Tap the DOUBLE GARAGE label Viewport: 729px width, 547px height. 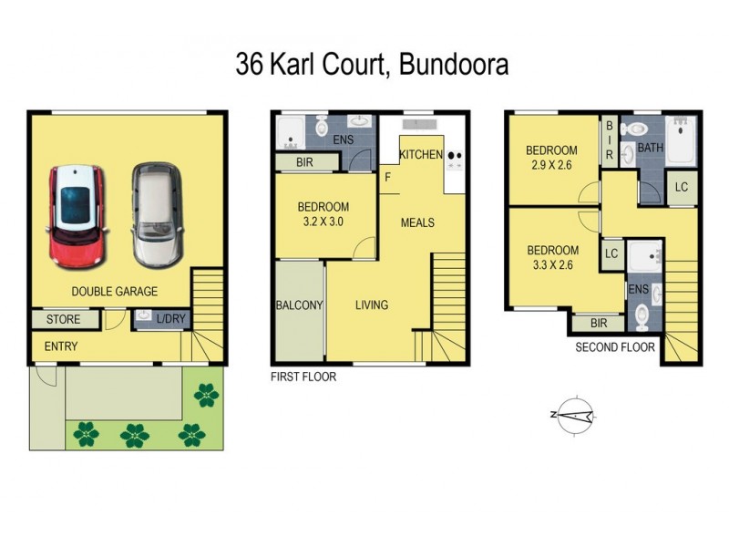[x=116, y=292]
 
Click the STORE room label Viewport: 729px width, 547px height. [x=63, y=320]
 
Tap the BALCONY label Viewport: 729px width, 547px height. [x=299, y=305]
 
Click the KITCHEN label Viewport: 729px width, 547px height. [x=421, y=155]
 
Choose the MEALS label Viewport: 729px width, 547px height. [x=417, y=222]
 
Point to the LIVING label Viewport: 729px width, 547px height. [x=372, y=305]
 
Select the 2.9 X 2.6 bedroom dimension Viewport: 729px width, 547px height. [x=552, y=165]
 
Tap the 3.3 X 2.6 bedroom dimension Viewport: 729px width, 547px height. [x=552, y=265]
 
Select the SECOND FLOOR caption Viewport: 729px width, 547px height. [x=615, y=347]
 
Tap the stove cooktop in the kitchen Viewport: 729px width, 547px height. [x=455, y=156]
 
